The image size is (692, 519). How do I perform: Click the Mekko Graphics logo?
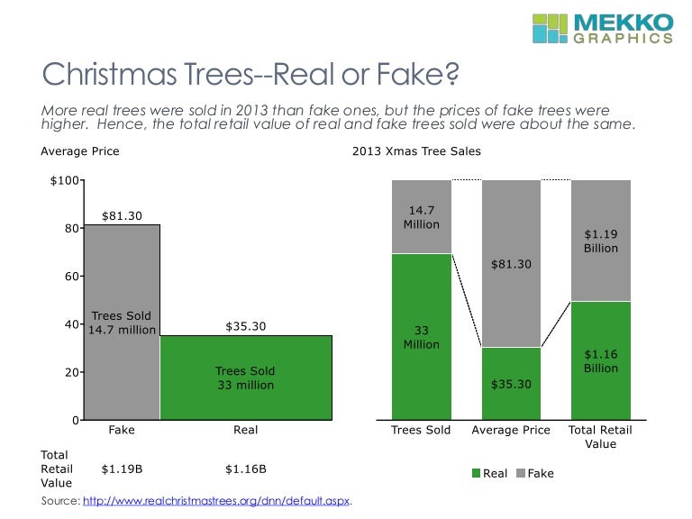click(601, 28)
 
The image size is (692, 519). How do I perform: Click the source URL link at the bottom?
click(215, 500)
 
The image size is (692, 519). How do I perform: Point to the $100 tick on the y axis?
click(64, 182)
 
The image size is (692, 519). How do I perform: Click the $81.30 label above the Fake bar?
click(122, 216)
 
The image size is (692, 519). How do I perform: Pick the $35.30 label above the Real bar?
click(245, 326)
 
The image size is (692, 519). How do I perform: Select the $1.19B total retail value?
click(121, 469)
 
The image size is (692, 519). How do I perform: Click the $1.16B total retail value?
click(245, 469)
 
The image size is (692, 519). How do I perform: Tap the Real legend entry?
click(488, 473)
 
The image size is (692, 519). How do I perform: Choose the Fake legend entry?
click(534, 473)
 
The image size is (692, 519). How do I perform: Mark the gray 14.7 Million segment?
click(421, 217)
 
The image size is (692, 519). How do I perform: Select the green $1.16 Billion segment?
click(600, 360)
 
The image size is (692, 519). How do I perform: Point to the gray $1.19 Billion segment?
click(600, 241)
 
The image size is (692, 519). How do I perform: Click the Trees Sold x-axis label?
click(421, 431)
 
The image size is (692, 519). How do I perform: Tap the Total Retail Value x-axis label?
click(600, 437)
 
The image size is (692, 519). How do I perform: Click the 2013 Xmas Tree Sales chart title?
click(416, 151)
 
